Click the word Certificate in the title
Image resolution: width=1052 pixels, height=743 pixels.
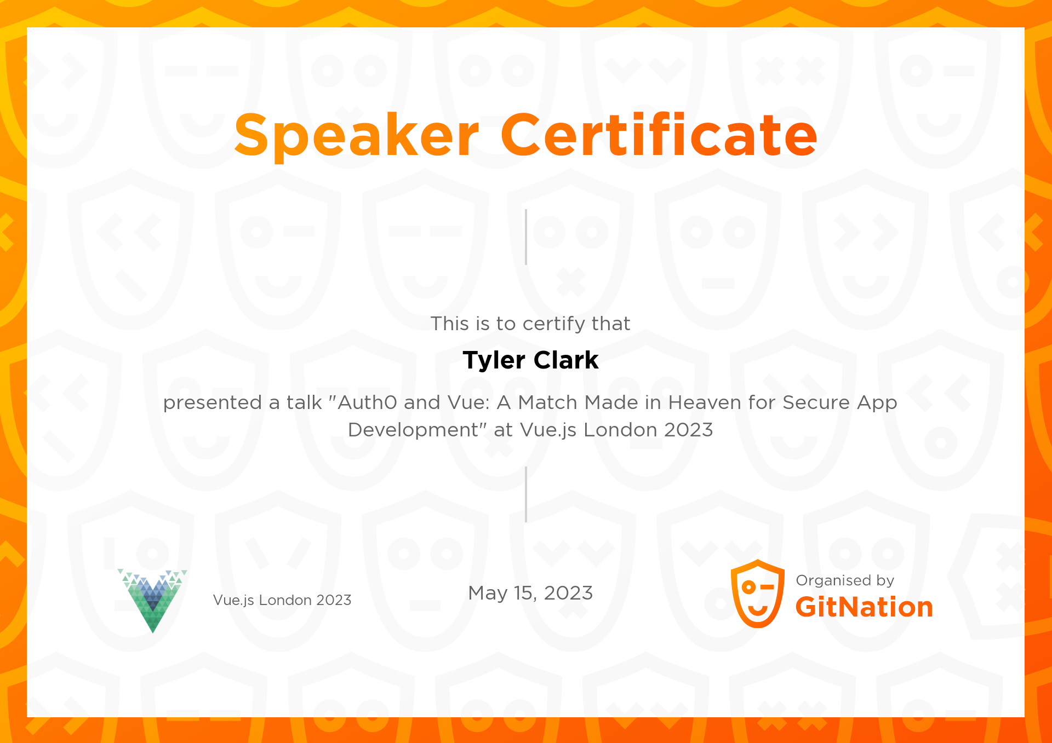[x=659, y=134]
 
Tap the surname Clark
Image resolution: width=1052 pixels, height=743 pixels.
[x=566, y=360]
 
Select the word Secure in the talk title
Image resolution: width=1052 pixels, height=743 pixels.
[x=817, y=402]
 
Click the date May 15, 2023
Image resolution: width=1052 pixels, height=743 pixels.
[x=530, y=594]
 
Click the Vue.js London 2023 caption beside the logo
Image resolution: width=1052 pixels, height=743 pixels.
[x=282, y=601]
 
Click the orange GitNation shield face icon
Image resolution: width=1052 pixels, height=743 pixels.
[x=758, y=594]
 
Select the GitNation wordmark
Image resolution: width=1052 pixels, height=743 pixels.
[x=864, y=607]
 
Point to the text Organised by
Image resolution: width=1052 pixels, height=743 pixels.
[x=845, y=581]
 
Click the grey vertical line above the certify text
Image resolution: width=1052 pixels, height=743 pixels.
[x=526, y=237]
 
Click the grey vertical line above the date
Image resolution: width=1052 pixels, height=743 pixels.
[x=526, y=494]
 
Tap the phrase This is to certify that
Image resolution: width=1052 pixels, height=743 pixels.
[x=530, y=324]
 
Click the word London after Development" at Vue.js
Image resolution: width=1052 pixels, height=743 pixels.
[x=620, y=430]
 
